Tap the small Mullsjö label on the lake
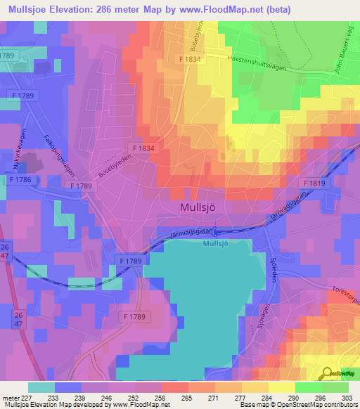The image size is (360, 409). [217, 243]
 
